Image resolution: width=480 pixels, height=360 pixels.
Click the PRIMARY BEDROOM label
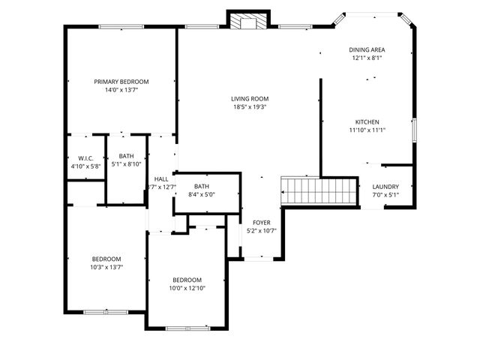coord(121,82)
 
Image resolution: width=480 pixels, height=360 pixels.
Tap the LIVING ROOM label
coord(250,99)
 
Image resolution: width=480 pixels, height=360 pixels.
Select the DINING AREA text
coord(367,50)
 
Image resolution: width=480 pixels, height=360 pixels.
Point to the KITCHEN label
coord(367,121)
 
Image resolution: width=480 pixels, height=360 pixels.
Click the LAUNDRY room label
coord(385,187)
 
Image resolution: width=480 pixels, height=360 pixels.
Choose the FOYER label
coord(262,223)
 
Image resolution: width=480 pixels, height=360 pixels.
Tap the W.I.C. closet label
coord(85,158)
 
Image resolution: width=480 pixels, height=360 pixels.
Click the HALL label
coord(161,179)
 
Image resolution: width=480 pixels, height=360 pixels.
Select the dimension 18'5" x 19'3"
coord(250,107)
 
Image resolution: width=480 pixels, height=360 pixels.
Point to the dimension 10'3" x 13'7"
coord(106,267)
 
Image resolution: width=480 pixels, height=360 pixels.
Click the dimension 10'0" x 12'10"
coord(187,288)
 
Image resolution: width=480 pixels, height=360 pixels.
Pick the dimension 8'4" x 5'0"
coord(202,194)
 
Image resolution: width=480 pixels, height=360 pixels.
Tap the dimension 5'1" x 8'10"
coord(126,164)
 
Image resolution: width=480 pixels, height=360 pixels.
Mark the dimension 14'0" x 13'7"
coord(121,90)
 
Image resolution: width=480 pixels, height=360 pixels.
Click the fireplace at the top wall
coord(248,20)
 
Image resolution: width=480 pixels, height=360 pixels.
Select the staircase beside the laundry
coord(319,191)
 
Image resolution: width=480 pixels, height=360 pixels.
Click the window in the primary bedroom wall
coord(121,27)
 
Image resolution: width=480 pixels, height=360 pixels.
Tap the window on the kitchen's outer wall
coord(415,130)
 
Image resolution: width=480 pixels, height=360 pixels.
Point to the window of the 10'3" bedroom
coord(106,312)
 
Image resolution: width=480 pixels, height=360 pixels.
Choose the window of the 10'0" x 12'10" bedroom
coord(188,328)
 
